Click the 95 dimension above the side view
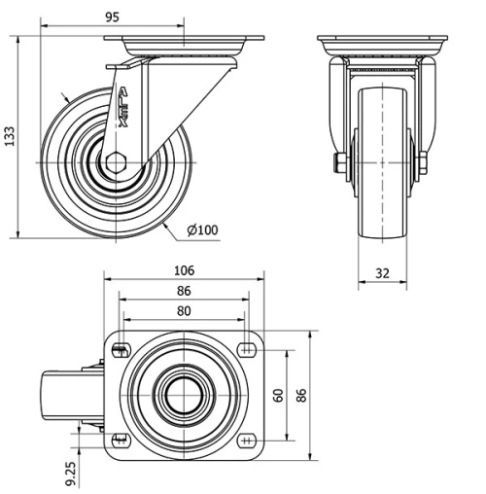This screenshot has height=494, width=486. pyautogui.click(x=114, y=17)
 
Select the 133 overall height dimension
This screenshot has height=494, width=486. pyautogui.click(x=11, y=135)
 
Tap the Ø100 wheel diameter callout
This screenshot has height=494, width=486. pyautogui.click(x=201, y=230)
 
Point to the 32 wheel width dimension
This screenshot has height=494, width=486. pyautogui.click(x=382, y=274)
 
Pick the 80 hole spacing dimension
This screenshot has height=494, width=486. pyautogui.click(x=184, y=311)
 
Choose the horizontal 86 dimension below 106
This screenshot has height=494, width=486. pyautogui.click(x=184, y=291)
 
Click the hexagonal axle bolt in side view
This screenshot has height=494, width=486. pyautogui.click(x=117, y=161)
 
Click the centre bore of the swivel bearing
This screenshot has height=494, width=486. pyautogui.click(x=183, y=395)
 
